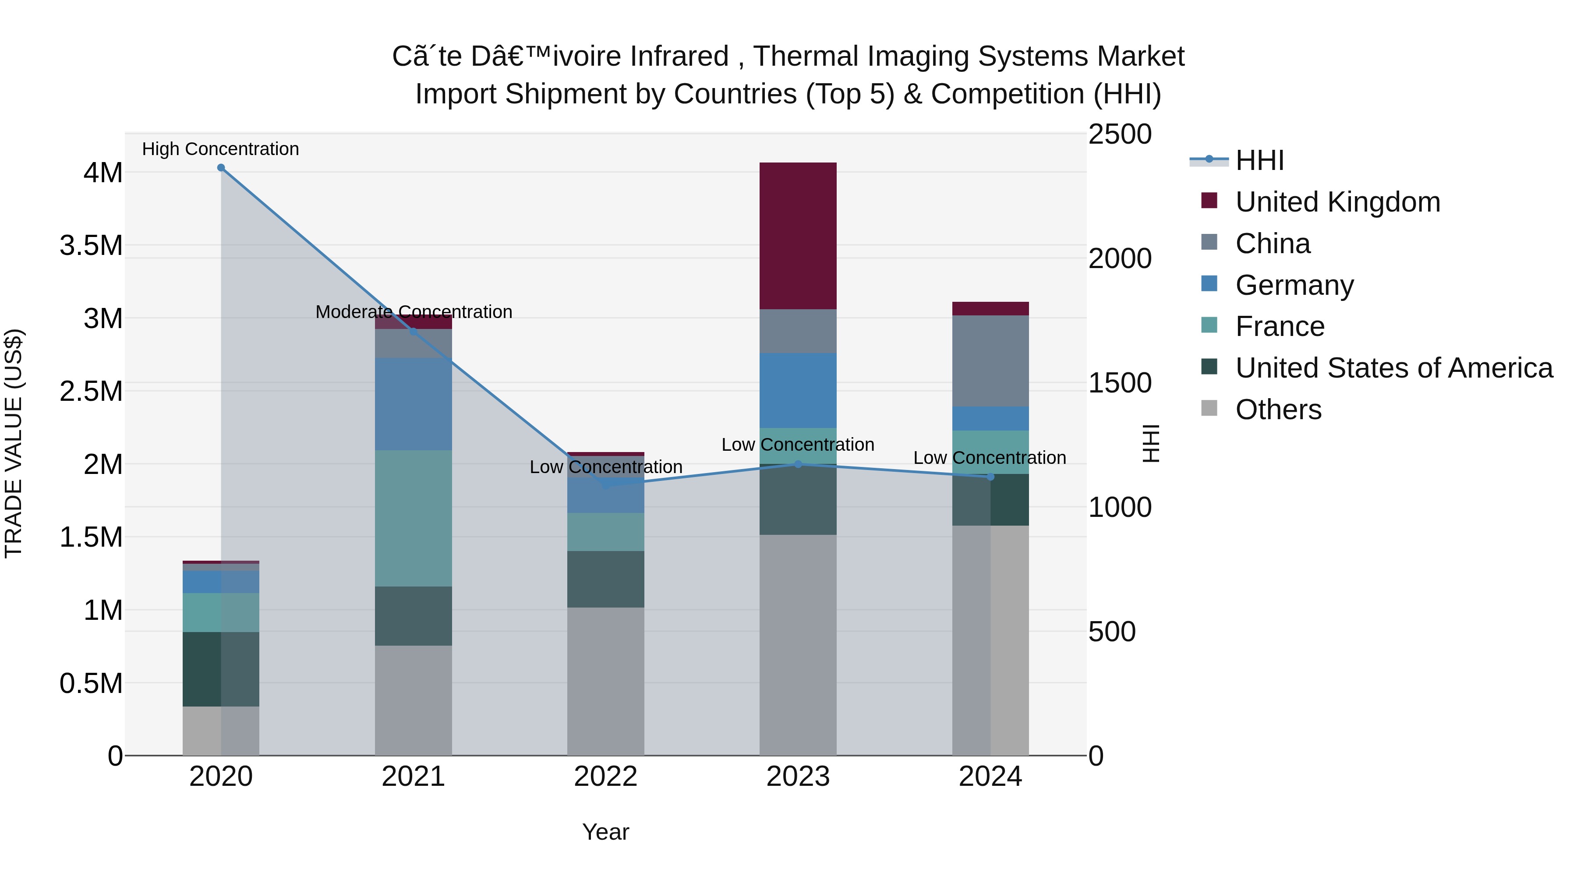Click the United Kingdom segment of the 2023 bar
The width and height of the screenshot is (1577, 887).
[x=798, y=236]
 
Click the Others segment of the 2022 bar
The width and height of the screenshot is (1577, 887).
[x=605, y=681]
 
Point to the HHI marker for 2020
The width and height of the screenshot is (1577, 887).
[x=221, y=168]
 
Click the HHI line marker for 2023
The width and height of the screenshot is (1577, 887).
[x=798, y=464]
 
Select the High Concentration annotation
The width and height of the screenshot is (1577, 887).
[x=220, y=149]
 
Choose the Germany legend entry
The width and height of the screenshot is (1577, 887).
[x=1294, y=285]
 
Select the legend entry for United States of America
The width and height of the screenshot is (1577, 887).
[x=1393, y=368]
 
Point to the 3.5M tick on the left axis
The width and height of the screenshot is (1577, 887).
[x=91, y=245]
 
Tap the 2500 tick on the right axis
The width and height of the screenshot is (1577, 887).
[x=1119, y=134]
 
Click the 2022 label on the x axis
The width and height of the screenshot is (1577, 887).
[x=605, y=776]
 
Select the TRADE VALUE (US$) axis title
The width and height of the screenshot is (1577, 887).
[x=14, y=443]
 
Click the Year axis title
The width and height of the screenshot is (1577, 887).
[x=605, y=832]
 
